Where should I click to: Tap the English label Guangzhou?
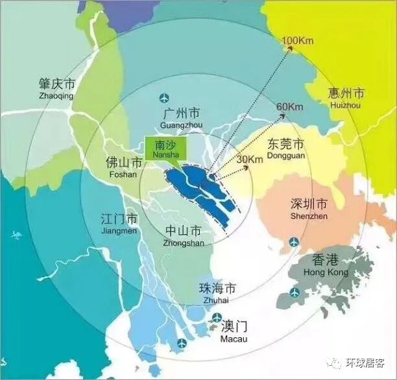click(181, 124)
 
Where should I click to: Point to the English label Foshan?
click(123, 174)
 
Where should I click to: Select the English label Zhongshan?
click(184, 243)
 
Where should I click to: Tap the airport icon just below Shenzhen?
click(294, 243)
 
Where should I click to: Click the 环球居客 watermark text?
click(368, 364)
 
